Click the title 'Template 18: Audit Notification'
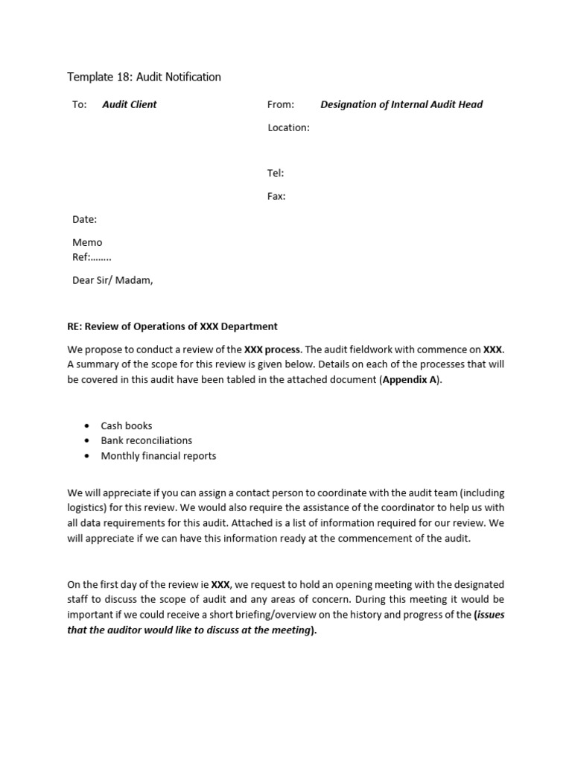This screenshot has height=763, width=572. (x=144, y=77)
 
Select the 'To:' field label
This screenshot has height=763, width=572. (x=80, y=104)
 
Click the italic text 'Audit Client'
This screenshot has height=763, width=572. (x=130, y=104)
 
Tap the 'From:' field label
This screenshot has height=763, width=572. (x=281, y=104)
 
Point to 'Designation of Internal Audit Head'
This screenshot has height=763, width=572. (x=401, y=104)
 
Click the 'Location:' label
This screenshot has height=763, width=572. (x=288, y=127)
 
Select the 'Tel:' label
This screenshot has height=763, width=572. (x=276, y=173)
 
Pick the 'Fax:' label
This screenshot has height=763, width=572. (x=276, y=196)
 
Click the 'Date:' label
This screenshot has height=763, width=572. (x=84, y=219)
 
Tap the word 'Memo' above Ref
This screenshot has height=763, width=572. (x=87, y=242)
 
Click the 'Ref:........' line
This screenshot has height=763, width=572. (x=92, y=257)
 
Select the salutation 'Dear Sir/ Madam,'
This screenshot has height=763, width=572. (x=112, y=280)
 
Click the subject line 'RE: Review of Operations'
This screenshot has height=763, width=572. (x=172, y=326)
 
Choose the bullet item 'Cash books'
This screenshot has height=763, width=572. (x=127, y=425)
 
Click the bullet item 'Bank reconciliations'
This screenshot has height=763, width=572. (x=147, y=440)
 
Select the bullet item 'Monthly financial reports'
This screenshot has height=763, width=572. (x=159, y=455)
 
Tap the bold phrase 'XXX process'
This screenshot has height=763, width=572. (x=273, y=349)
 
